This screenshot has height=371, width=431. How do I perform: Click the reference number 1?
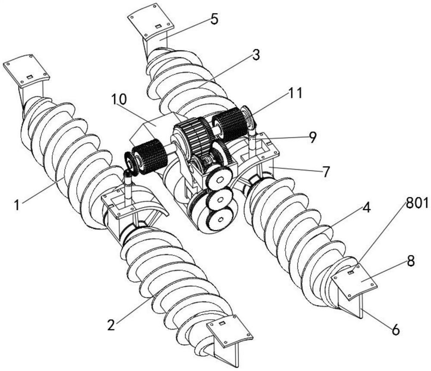tap(18, 205)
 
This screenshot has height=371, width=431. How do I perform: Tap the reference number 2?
tap(111, 325)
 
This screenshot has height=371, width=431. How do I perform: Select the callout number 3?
tap(256, 56)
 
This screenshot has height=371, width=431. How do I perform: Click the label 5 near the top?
tap(215, 19)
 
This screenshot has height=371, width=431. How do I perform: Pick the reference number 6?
tap(396, 330)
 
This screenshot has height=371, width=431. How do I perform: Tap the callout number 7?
tap(325, 171)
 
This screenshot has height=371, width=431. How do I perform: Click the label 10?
tap(119, 100)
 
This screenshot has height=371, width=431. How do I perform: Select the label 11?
tap(295, 94)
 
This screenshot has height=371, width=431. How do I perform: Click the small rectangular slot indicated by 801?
tap(351, 272)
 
